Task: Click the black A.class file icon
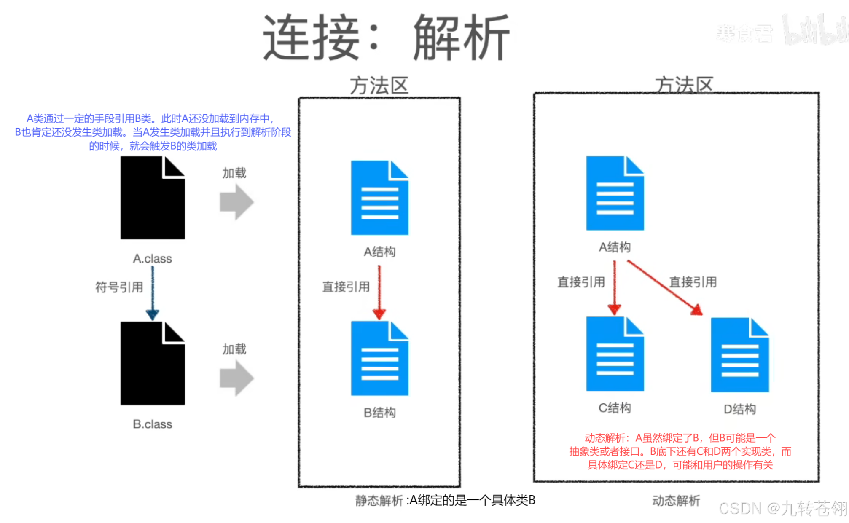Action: pyautogui.click(x=152, y=198)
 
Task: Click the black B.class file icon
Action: pyautogui.click(x=152, y=364)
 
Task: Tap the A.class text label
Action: pyautogui.click(x=152, y=258)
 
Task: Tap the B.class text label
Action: pyautogui.click(x=152, y=424)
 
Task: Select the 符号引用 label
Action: pyautogui.click(x=119, y=287)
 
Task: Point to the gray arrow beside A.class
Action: pyautogui.click(x=236, y=202)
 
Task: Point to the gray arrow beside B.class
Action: pyautogui.click(x=236, y=378)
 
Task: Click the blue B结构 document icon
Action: pyautogui.click(x=379, y=359)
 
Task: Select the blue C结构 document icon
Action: pyautogui.click(x=615, y=354)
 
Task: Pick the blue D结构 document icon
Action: pyautogui.click(x=740, y=355)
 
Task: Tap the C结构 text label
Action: pyautogui.click(x=615, y=408)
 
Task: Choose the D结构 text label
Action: pyautogui.click(x=740, y=409)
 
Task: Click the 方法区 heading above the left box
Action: pyautogui.click(x=379, y=86)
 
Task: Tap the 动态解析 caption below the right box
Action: pyautogui.click(x=676, y=501)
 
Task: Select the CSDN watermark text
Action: pyautogui.click(x=782, y=509)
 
